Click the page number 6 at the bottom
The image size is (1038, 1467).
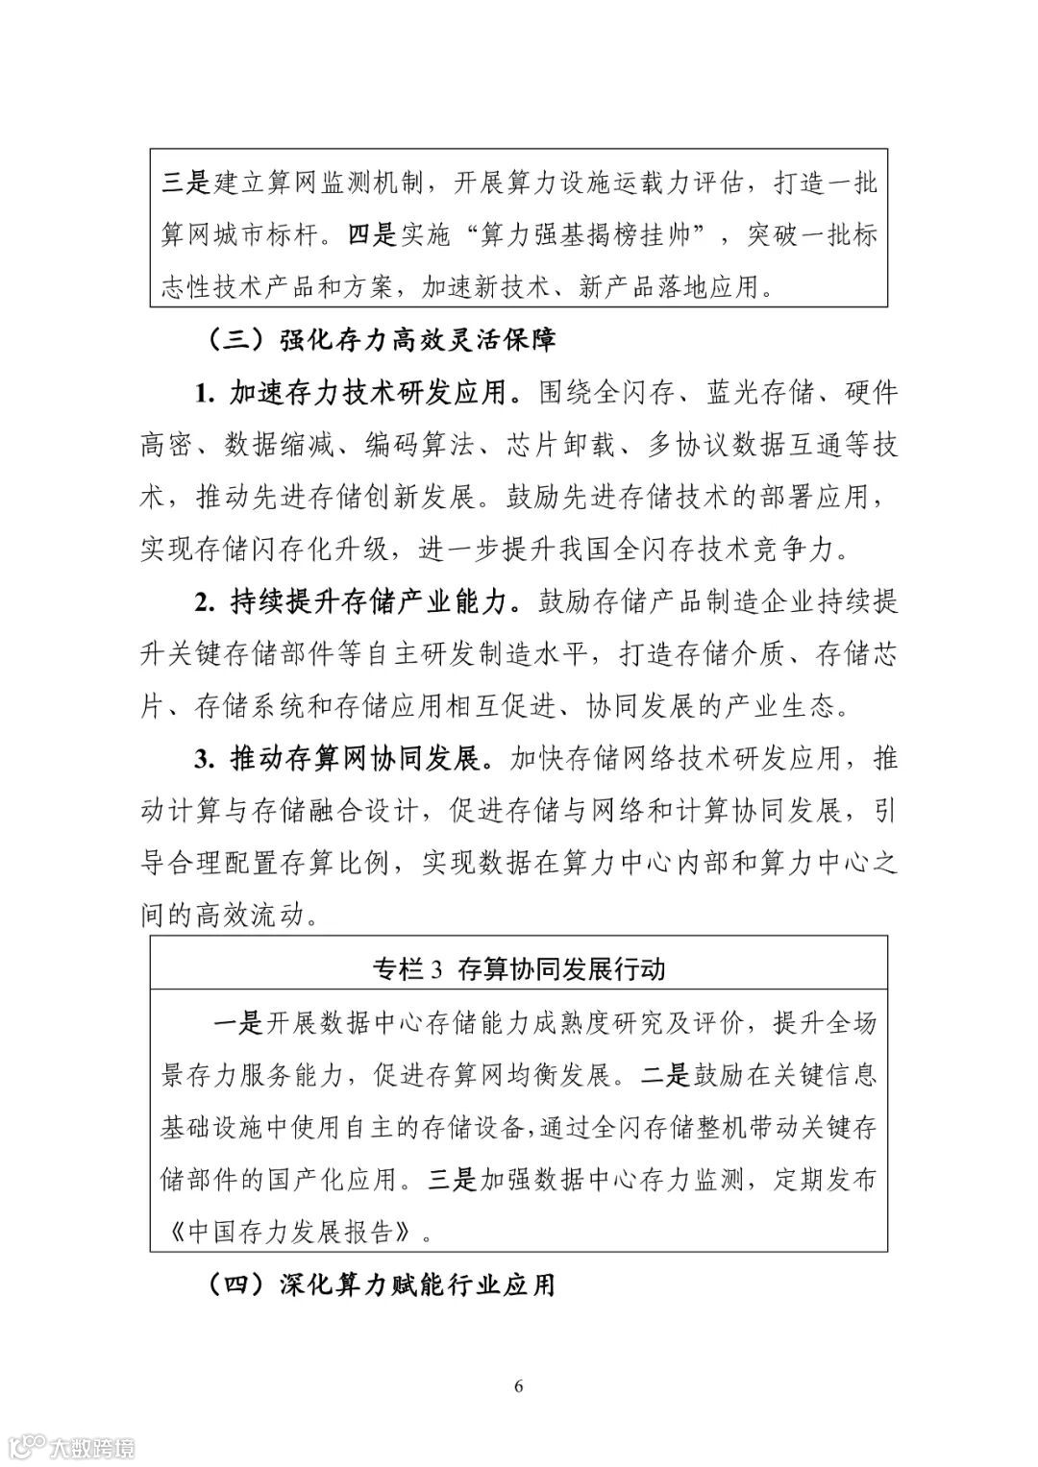[519, 1384]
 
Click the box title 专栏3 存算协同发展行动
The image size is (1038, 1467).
[518, 968]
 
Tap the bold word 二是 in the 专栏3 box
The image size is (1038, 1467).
[665, 1075]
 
